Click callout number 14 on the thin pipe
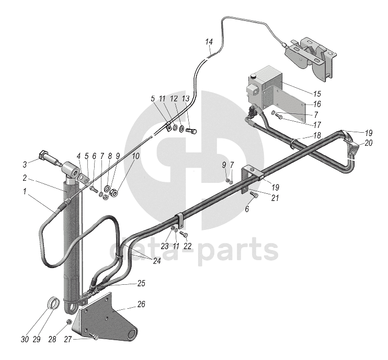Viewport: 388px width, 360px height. tap(209, 41)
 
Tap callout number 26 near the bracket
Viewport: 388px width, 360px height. tap(141, 305)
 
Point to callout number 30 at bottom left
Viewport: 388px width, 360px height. tap(24, 340)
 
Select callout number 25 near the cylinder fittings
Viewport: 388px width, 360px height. tap(142, 283)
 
